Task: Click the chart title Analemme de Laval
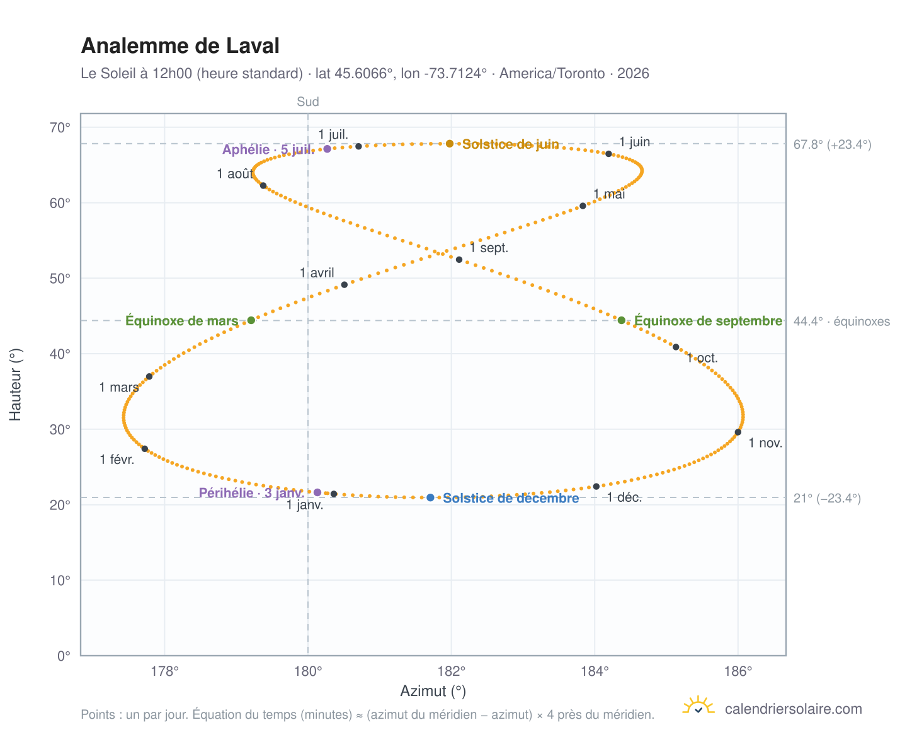point(180,45)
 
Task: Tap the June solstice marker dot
point(449,143)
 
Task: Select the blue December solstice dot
point(430,497)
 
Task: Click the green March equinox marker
point(251,320)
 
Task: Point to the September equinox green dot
point(622,320)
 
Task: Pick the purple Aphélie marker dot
point(328,149)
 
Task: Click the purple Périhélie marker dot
point(317,492)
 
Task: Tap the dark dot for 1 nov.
point(738,432)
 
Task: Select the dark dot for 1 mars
point(149,376)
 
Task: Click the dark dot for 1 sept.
point(459,260)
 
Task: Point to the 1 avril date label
point(317,273)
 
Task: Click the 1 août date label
point(235,173)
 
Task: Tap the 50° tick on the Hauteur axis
point(60,279)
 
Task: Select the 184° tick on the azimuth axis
point(595,671)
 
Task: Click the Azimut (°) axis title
point(433,691)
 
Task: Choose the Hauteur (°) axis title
point(15,385)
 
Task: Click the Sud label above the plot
point(308,102)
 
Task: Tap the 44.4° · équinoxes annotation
point(841,322)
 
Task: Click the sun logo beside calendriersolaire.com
point(698,705)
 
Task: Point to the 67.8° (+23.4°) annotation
point(832,144)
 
